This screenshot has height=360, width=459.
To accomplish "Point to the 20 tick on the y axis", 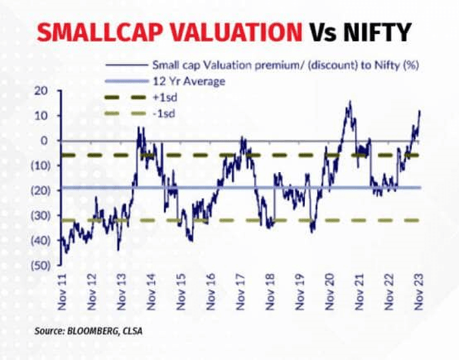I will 43,91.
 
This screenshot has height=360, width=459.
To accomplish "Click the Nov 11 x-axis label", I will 62,293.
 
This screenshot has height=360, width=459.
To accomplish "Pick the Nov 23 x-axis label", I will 420,293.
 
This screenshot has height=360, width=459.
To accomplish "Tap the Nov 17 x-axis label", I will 241,293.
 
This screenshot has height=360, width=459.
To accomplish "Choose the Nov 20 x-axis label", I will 330,293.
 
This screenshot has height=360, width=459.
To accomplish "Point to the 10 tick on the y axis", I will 43,115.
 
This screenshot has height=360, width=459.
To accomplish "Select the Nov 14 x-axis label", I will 151,293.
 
